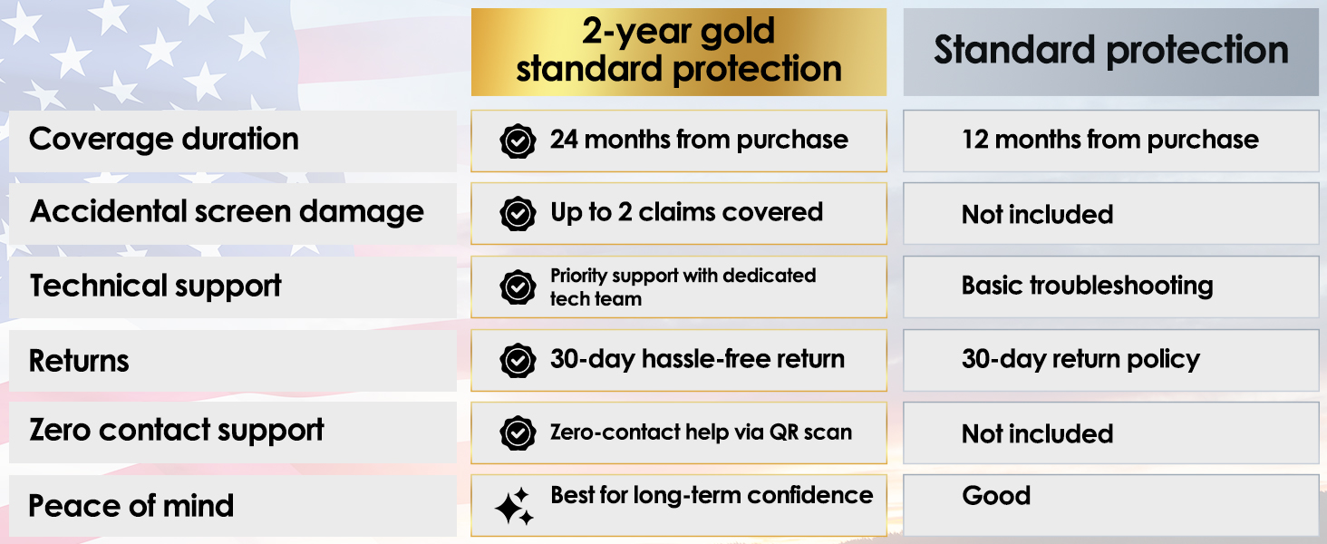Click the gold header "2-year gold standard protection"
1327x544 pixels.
point(679,52)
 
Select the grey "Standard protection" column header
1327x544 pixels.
point(1110,52)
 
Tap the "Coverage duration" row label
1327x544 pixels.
point(163,140)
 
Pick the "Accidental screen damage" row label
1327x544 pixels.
point(227,212)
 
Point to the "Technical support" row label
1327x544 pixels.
point(155,286)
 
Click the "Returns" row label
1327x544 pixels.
point(79,361)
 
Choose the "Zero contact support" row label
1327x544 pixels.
point(177,431)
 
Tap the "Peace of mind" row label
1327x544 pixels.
point(131,506)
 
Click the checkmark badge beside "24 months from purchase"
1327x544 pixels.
point(518,141)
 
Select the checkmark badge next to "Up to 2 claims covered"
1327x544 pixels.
point(518,213)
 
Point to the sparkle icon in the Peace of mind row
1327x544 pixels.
point(514,507)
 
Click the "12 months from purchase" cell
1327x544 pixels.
point(1110,141)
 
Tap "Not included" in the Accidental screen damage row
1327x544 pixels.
point(1037,215)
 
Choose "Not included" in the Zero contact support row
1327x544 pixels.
point(1037,434)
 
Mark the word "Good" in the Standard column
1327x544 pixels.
point(996,495)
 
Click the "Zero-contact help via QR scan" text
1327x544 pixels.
point(701,432)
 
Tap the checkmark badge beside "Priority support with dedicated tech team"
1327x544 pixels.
point(518,287)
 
